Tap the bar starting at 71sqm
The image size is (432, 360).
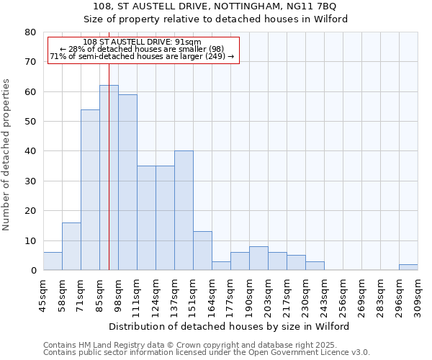(x=90, y=189)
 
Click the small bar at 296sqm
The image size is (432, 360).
(x=408, y=267)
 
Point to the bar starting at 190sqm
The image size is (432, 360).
(x=258, y=258)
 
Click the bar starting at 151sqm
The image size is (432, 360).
(x=202, y=251)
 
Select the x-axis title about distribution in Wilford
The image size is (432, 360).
(x=230, y=326)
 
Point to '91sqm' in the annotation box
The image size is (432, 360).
(x=189, y=42)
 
